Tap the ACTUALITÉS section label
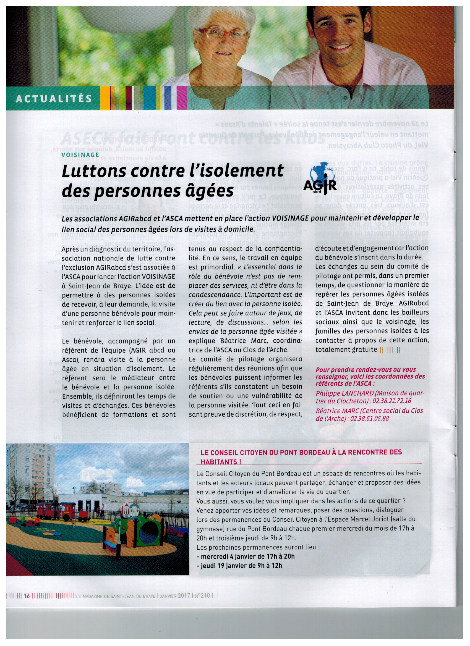[54, 99]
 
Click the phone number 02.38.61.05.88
[370, 418]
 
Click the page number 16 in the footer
[27, 596]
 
